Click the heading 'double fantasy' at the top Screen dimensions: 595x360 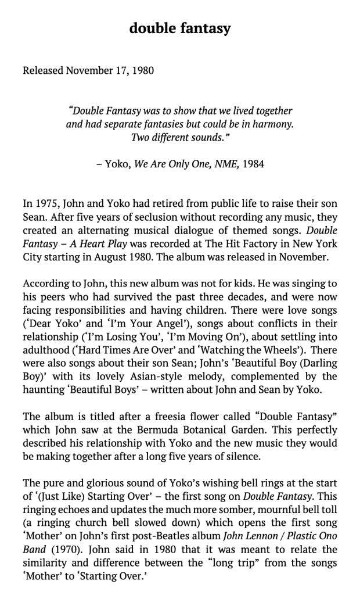[x=180, y=28]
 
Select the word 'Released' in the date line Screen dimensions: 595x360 [x=43, y=71]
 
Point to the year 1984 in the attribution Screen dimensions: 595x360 [x=253, y=164]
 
